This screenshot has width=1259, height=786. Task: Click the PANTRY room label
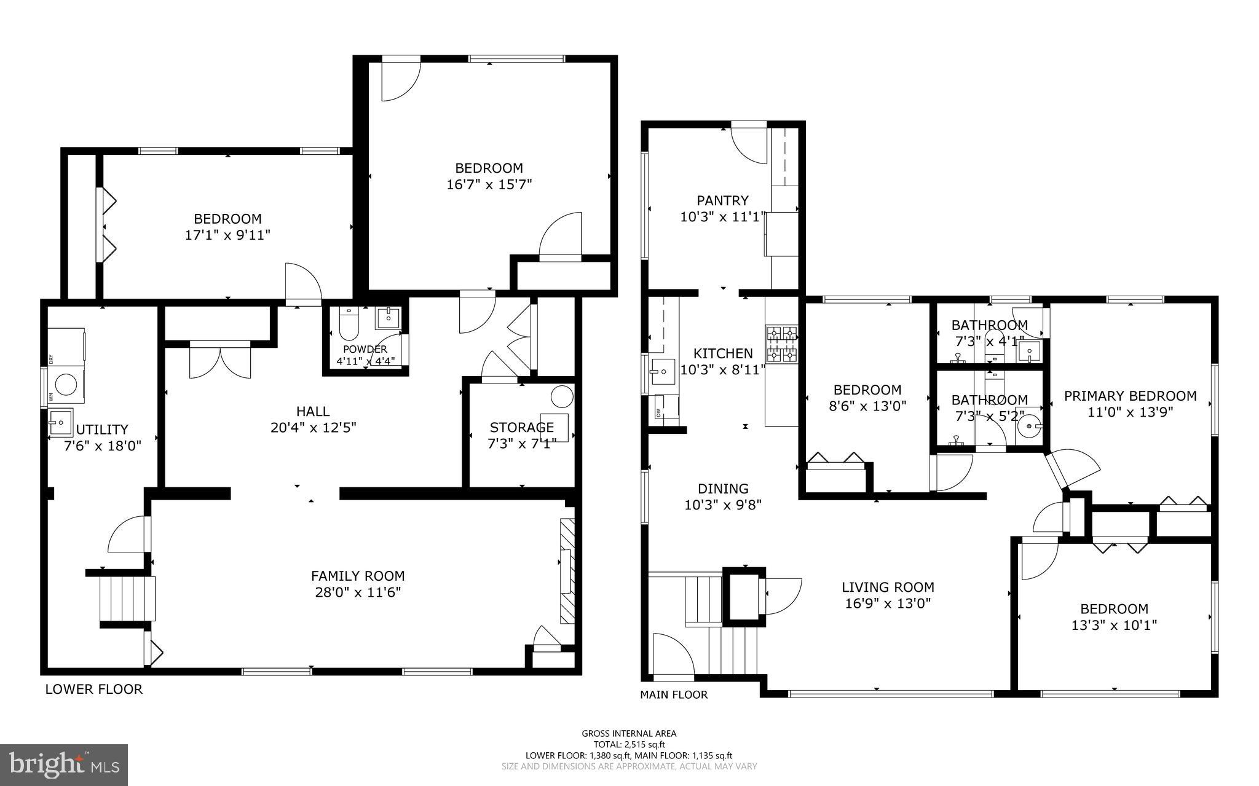click(722, 200)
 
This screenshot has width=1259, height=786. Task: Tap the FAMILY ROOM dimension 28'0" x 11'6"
click(357, 592)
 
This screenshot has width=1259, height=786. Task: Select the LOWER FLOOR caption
click(93, 690)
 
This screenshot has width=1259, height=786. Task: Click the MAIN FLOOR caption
click(674, 695)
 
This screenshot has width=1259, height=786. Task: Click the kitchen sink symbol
click(662, 371)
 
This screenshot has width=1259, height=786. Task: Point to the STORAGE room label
click(521, 427)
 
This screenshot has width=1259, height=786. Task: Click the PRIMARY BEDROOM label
click(1130, 396)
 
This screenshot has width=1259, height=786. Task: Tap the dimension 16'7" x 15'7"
click(489, 184)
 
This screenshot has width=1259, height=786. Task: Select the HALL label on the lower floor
click(313, 412)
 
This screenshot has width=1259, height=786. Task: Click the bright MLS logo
click(64, 764)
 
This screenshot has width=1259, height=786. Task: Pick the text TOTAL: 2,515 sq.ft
click(629, 744)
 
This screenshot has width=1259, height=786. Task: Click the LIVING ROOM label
click(888, 588)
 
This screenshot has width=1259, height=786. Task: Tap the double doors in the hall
click(220, 361)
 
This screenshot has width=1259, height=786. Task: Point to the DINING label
click(723, 489)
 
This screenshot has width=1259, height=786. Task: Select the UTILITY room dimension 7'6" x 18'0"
click(103, 446)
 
